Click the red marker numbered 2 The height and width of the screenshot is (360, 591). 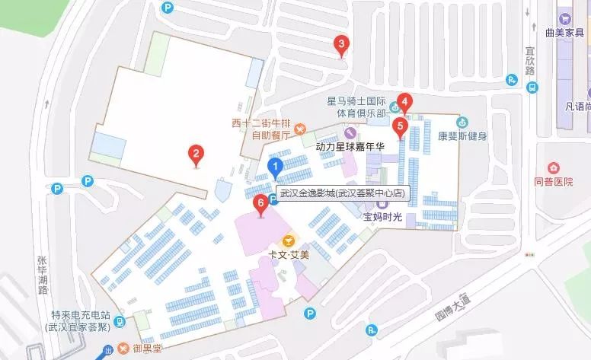tap(196, 155)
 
